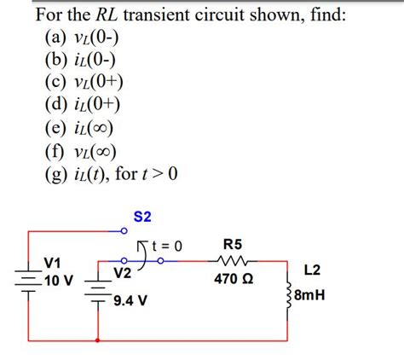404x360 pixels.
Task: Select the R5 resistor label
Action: (232, 243)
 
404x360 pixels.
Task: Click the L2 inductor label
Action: (312, 270)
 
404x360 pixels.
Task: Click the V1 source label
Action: (53, 261)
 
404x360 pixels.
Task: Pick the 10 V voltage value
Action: (58, 281)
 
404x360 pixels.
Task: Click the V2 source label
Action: (123, 274)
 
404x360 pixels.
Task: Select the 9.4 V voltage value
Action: (130, 301)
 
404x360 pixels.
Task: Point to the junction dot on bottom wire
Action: (100, 340)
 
